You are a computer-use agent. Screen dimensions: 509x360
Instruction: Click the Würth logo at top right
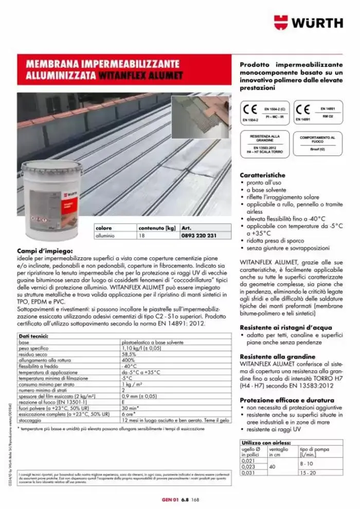[x=308, y=22]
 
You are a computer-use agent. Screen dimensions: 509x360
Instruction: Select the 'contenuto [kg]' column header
[x=157, y=227]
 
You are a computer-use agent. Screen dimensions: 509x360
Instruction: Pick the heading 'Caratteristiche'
[x=262, y=175]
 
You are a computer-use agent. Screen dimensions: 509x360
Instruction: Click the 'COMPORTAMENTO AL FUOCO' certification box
[x=317, y=141]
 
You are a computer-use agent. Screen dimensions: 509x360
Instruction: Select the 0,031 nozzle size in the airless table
[x=248, y=472]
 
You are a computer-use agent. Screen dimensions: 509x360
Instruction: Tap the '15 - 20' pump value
[x=309, y=472]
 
